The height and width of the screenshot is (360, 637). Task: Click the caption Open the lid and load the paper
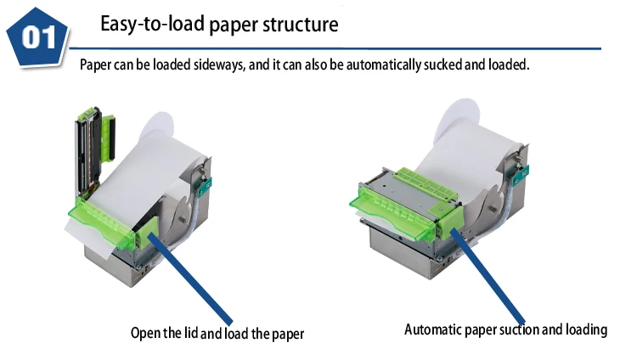217,333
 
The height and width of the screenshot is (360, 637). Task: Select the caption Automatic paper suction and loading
505,329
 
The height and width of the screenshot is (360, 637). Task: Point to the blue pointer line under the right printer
493,272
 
